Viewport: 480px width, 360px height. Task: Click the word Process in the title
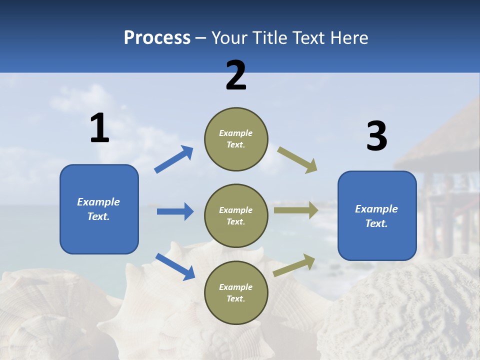click(157, 38)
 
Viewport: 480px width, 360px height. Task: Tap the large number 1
click(99, 128)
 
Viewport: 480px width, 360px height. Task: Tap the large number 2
click(236, 75)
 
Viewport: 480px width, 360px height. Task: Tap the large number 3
click(376, 136)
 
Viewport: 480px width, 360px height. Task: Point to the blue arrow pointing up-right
click(173, 159)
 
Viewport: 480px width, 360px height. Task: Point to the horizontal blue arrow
click(175, 211)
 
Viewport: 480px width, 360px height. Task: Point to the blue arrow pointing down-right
click(175, 266)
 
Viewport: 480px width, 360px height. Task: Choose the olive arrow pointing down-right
click(297, 160)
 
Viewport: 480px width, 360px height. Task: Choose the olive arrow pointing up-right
click(294, 265)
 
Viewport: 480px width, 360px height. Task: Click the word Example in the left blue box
click(98, 202)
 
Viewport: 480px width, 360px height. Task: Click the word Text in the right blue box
click(375, 223)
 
